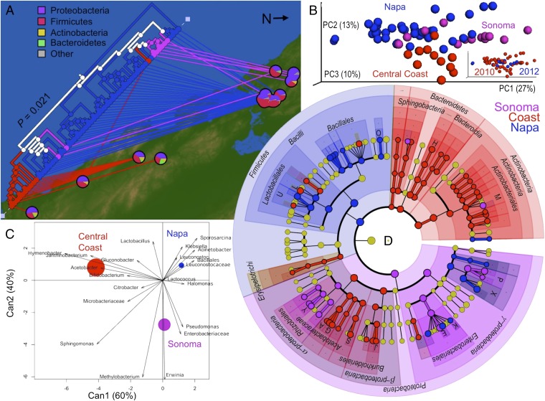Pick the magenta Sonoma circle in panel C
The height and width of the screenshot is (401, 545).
pos(164,325)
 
